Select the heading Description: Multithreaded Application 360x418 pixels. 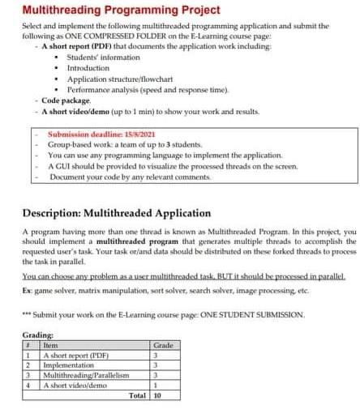(117, 213)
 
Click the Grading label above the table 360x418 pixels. (38, 335)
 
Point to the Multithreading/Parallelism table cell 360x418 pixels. (85, 376)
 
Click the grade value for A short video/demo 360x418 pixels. (156, 386)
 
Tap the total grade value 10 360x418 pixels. (157, 396)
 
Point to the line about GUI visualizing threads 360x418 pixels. (172, 164)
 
